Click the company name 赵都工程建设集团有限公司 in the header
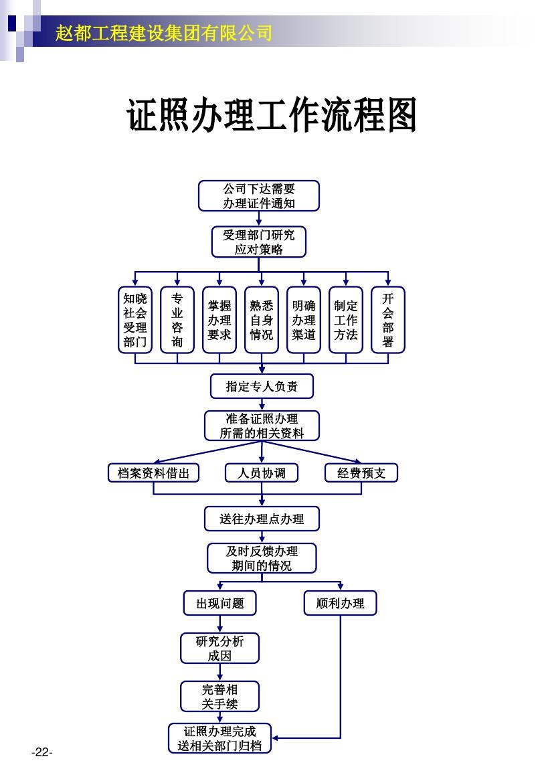point(164,32)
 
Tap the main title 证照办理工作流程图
point(272,116)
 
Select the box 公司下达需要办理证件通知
point(259,196)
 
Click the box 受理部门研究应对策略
point(259,242)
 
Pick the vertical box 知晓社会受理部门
point(135,320)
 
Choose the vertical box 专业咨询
point(177,320)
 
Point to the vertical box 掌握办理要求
point(219,320)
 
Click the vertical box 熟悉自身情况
point(262,320)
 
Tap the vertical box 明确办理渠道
point(304,320)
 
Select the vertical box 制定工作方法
point(346,320)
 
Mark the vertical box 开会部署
point(388,320)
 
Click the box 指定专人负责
point(262,386)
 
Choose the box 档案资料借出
point(154,473)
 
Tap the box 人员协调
point(262,473)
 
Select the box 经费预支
point(361,473)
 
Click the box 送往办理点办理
point(262,519)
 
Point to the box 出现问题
point(219,603)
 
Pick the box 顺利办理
point(340,603)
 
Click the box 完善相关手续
point(219,697)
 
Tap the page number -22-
point(41,753)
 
